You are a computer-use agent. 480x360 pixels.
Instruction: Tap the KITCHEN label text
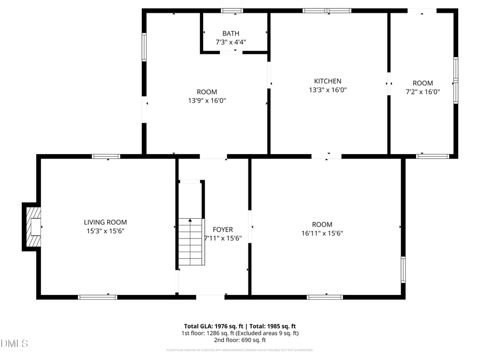[327, 81]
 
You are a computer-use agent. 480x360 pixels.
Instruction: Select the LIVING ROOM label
[105, 222]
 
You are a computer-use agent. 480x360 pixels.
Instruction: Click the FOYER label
[223, 229]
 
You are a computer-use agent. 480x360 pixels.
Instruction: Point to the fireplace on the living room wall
[33, 227]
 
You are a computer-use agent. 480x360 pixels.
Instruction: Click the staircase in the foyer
[191, 242]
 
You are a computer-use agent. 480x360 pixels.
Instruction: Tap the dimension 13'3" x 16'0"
[327, 90]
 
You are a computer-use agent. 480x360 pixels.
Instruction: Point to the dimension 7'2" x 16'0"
[422, 91]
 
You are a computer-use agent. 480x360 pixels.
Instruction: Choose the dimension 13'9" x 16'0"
[206, 100]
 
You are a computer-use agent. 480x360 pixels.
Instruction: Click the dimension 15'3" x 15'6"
[105, 230]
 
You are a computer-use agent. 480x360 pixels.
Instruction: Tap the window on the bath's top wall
[232, 11]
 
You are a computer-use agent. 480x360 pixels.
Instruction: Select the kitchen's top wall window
[327, 11]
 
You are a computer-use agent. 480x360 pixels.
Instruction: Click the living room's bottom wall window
[98, 297]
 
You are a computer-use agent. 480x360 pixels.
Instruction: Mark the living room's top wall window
[106, 156]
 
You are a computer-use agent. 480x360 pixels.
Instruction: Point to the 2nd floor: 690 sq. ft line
[240, 340]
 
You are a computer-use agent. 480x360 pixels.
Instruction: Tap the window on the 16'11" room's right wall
[403, 270]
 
